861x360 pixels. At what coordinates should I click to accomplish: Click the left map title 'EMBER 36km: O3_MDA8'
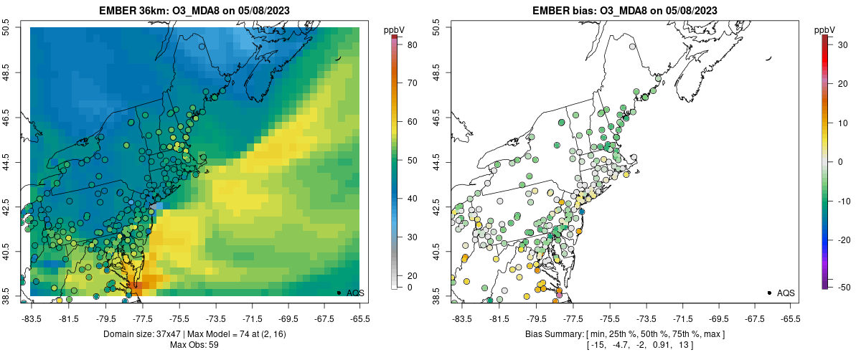tap(194, 11)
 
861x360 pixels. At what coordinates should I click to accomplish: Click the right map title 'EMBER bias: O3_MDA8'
tap(624, 11)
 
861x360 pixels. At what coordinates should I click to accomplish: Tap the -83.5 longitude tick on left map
tap(31, 318)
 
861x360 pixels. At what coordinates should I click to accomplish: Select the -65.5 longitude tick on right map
tap(789, 318)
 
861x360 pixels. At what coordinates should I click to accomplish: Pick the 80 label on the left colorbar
tap(413, 45)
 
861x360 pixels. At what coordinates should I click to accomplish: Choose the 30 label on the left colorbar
tap(413, 237)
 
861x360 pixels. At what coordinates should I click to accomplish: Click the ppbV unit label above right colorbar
tap(825, 29)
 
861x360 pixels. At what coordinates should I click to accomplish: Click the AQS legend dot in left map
tap(339, 293)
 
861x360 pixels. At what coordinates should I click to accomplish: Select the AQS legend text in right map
tap(786, 293)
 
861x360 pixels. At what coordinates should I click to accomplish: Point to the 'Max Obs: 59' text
tap(194, 345)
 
